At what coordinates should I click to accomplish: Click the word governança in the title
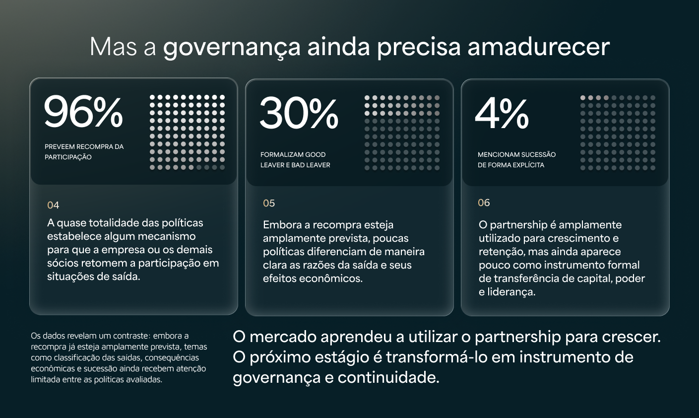click(232, 48)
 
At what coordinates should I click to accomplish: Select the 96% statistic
click(83, 112)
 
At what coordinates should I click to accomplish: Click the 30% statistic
click(299, 113)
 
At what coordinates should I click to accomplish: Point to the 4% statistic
click(502, 113)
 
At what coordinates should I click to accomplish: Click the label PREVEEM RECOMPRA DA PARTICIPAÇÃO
click(84, 152)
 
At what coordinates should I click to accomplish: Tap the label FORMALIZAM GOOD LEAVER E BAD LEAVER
click(295, 159)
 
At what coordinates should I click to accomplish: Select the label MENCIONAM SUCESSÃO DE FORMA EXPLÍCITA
click(516, 159)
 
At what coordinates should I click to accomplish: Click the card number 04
click(53, 205)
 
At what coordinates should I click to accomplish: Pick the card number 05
click(269, 203)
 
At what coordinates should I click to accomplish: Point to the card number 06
click(484, 203)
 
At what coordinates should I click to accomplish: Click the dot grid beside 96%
click(187, 133)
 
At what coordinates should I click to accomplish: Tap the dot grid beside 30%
click(402, 133)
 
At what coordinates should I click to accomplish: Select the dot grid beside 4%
click(618, 133)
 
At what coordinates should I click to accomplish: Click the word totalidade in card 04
click(114, 223)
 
